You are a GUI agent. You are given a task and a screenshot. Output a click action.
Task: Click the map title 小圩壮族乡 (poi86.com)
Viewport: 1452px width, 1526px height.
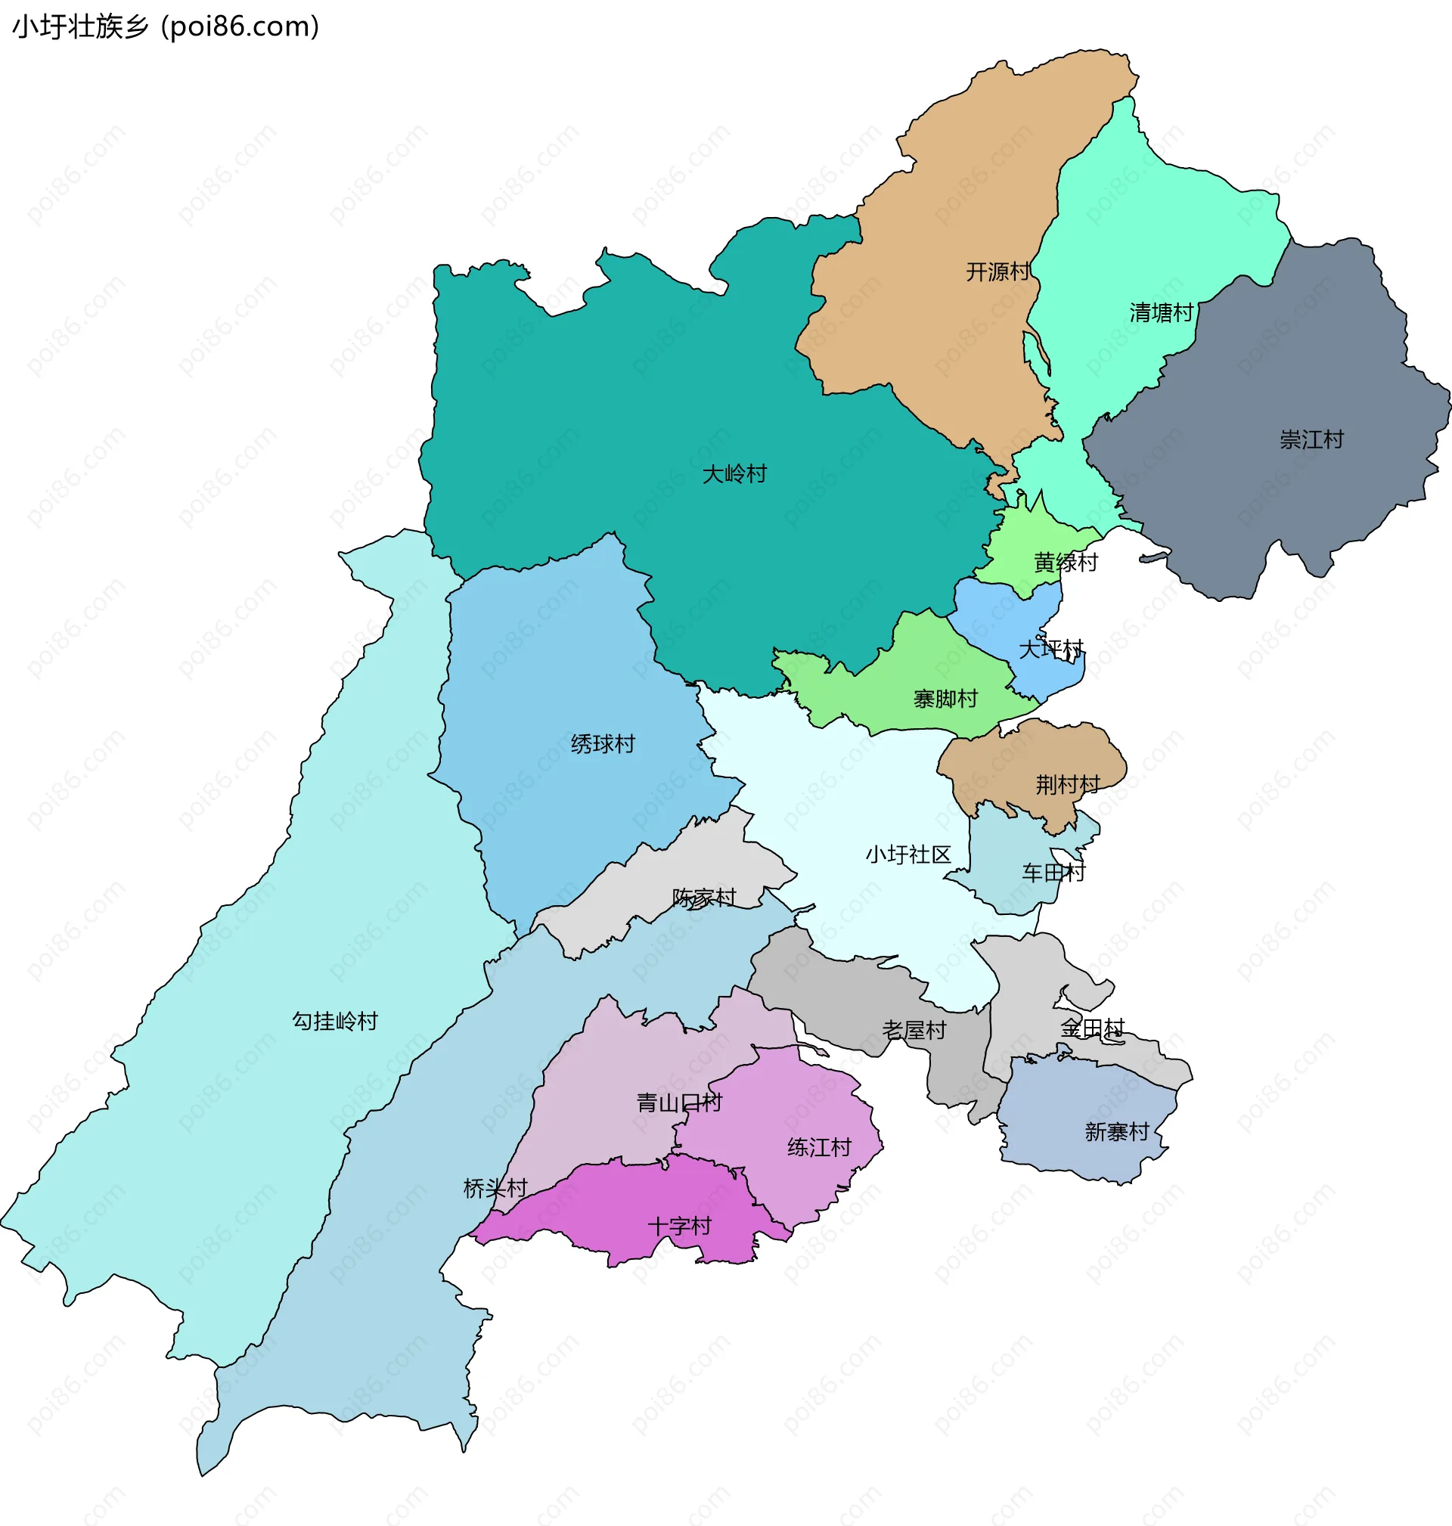[166, 27]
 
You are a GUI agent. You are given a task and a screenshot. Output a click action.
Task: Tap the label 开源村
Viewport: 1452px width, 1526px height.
[997, 271]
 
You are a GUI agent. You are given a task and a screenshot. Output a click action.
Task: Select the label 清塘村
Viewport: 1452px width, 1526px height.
[1161, 312]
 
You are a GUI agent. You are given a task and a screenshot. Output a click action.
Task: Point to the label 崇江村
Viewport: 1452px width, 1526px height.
[1311, 439]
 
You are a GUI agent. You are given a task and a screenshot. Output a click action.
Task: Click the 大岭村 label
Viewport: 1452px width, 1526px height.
[734, 473]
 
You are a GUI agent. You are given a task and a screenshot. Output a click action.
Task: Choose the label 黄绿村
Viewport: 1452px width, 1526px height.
[1066, 563]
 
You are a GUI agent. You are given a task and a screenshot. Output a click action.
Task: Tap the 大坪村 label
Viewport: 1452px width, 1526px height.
[1050, 649]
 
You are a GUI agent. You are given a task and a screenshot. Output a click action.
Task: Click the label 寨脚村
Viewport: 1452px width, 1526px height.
[945, 699]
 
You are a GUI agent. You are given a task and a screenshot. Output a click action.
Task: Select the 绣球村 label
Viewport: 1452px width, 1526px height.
[602, 743]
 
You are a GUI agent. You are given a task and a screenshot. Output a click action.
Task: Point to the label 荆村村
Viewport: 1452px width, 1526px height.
[1067, 785]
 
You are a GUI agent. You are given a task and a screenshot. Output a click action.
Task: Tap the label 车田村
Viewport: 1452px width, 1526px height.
[1053, 873]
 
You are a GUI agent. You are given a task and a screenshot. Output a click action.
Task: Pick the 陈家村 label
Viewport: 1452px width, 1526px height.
[703, 898]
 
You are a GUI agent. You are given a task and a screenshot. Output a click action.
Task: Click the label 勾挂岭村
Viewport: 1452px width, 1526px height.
[334, 1022]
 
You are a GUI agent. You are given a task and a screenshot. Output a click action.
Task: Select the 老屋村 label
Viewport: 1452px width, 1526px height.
[914, 1030]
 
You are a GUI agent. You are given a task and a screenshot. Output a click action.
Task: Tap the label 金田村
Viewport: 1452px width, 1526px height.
[1091, 1028]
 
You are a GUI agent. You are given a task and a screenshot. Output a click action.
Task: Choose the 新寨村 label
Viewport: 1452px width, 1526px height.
[1116, 1132]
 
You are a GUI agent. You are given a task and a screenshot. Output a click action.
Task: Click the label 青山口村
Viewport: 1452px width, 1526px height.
[679, 1103]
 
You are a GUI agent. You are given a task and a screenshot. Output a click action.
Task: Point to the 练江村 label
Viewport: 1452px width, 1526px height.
[819, 1147]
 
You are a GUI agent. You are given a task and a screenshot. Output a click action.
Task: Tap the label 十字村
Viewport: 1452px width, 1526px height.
[679, 1226]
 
